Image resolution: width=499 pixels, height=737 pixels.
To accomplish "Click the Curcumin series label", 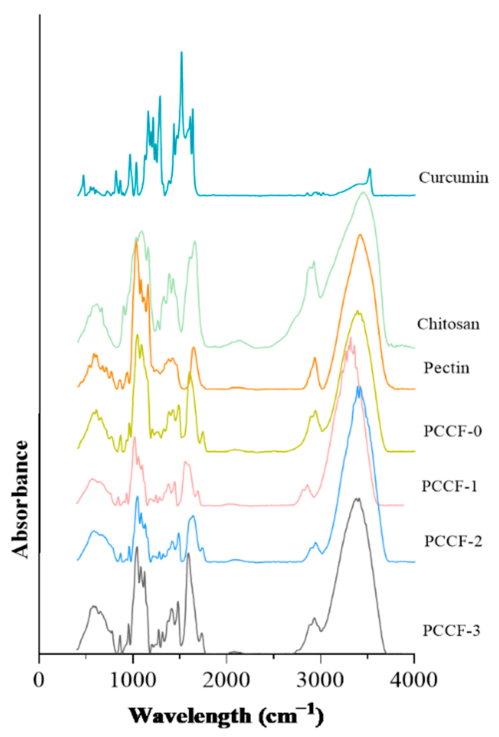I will tap(453, 178).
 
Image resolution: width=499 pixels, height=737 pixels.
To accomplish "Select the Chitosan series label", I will tap(448, 324).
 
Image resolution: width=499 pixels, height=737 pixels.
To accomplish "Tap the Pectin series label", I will tap(446, 368).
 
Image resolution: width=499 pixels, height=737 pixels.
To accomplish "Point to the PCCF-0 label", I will tap(453, 431).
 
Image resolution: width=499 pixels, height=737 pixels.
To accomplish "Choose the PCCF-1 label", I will tap(449, 486).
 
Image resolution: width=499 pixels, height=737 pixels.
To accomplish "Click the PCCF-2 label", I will tap(453, 541).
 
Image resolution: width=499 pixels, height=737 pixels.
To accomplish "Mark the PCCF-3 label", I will tap(451, 631).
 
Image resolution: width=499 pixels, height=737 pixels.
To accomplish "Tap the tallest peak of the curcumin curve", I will tap(182, 52).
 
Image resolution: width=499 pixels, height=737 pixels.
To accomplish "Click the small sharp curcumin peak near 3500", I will tap(370, 169).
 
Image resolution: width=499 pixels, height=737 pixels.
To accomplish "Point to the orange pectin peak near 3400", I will tap(360, 235).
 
